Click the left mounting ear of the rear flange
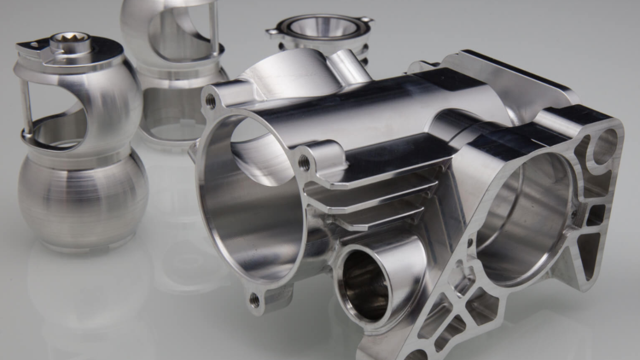tap(272, 32)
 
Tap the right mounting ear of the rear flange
tap(365, 20)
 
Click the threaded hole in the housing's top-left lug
tap(210, 101)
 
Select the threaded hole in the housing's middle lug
tap(304, 162)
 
